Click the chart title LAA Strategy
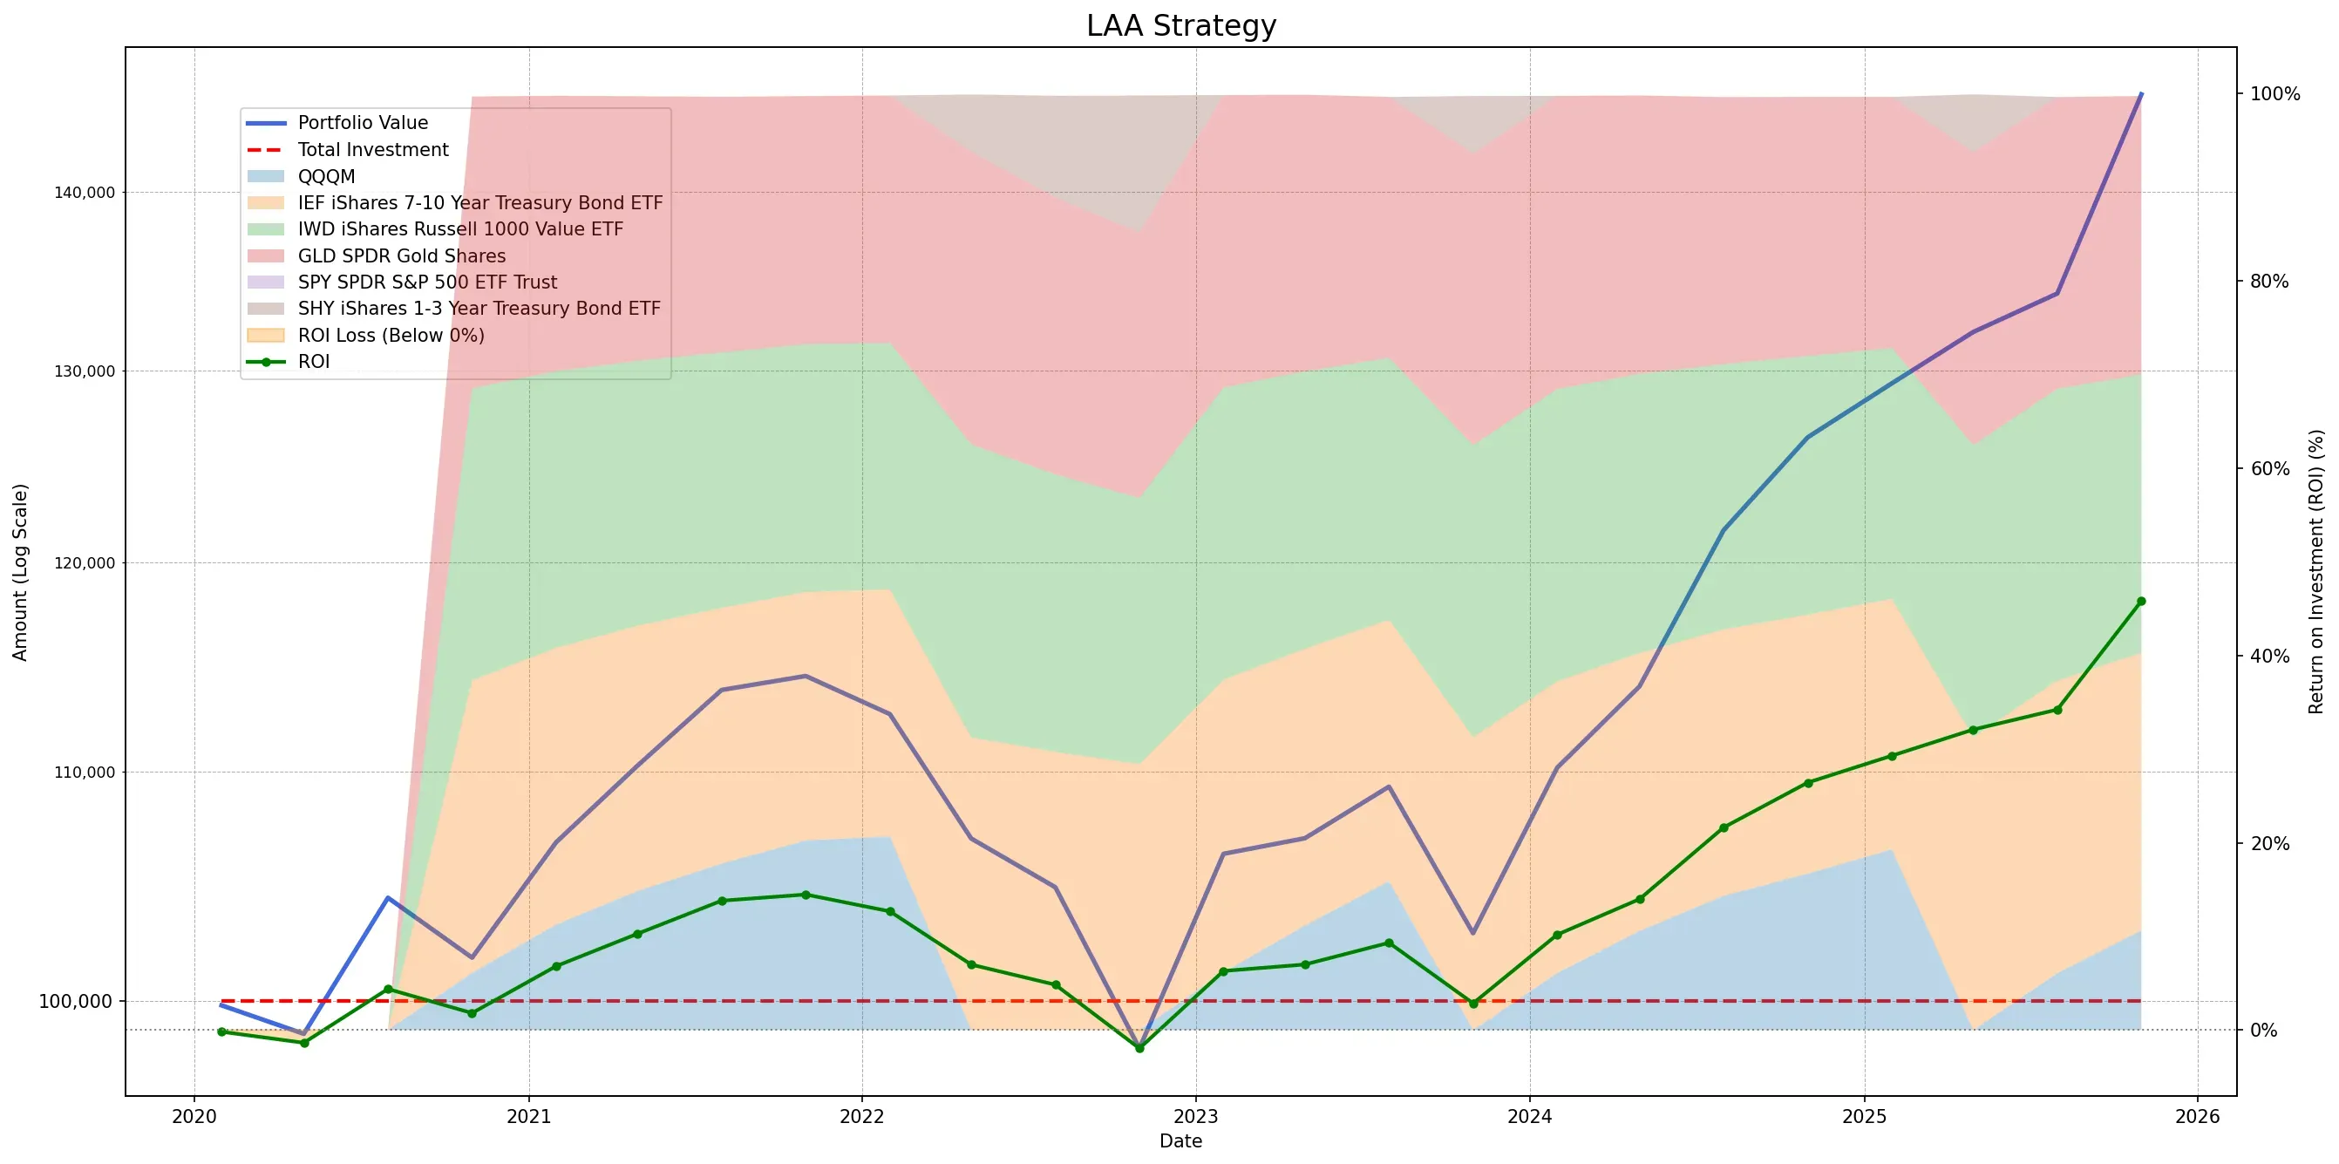coord(1180,25)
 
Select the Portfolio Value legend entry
coord(363,123)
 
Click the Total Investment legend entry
coord(372,150)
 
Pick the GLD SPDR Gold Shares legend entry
coord(401,256)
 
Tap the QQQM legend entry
coord(326,176)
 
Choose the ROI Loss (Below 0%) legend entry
coord(391,335)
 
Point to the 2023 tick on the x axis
coord(1196,1116)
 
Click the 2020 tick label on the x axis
coord(194,1116)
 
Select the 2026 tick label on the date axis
coord(2198,1116)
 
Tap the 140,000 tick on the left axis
coord(85,193)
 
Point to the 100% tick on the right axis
coord(2274,94)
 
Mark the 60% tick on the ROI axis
coord(2270,468)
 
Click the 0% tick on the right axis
coord(2264,1031)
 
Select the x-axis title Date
coord(1180,1141)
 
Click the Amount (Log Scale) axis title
coord(20,572)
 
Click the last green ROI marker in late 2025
coord(2141,601)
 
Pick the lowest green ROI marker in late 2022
coord(1139,1048)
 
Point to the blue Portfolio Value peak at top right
coord(2141,93)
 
